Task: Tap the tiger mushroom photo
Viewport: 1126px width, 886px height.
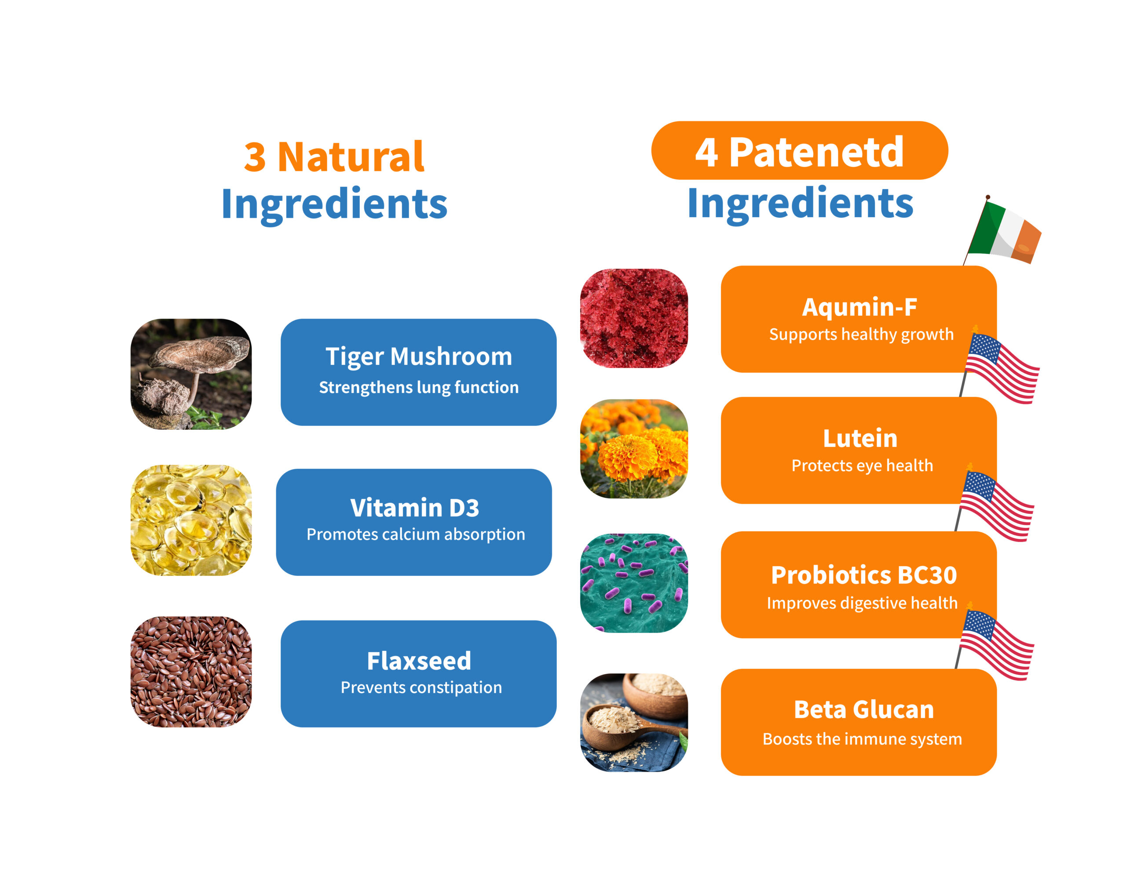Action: [x=190, y=374]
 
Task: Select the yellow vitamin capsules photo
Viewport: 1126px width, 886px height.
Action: [x=190, y=520]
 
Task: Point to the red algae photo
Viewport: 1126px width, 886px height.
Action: [x=633, y=318]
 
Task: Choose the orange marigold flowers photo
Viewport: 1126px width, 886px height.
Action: [x=633, y=449]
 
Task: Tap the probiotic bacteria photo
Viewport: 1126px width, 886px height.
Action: [x=633, y=583]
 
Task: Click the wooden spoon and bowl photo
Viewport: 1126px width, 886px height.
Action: [x=633, y=722]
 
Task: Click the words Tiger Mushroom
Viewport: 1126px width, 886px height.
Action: [x=418, y=357]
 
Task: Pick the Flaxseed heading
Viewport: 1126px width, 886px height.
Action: [x=418, y=661]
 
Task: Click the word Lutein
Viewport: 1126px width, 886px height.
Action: [x=860, y=438]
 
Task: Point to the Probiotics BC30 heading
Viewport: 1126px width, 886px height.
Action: [x=863, y=575]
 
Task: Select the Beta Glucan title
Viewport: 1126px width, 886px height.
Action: [x=863, y=709]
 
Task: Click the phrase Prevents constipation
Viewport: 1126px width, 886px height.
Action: [x=421, y=687]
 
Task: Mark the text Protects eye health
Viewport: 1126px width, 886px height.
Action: [x=862, y=465]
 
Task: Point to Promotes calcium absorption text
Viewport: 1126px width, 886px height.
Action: [x=415, y=534]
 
